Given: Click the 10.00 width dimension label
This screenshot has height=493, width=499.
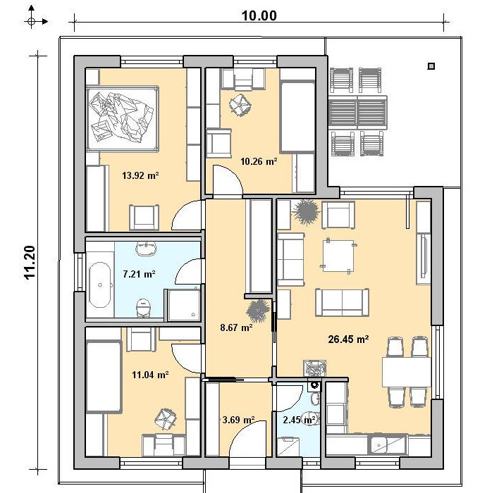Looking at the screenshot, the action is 259,15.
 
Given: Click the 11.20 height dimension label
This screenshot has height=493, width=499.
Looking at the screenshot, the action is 30,263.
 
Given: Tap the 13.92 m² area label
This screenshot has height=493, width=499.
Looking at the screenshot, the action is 140,175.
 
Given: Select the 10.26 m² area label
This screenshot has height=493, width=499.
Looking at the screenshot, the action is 259,161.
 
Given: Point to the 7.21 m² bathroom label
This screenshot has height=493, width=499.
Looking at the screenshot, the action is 139,274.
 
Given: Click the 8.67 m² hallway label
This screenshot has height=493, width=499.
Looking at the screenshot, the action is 236,327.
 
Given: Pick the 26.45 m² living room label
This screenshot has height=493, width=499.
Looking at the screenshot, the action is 348,339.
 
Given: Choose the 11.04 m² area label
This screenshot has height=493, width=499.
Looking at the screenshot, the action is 150,375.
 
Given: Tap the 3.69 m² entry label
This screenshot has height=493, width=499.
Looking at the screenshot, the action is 238,420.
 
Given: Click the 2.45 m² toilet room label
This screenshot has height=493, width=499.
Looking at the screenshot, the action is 299,420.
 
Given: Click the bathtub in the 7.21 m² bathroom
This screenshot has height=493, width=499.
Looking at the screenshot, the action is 100,285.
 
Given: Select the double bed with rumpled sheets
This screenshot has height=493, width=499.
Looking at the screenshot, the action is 122,118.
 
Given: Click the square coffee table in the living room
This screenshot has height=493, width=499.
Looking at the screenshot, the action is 338,256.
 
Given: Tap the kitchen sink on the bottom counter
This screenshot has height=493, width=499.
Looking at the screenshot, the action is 387,444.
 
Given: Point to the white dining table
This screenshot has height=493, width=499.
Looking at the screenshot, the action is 407,372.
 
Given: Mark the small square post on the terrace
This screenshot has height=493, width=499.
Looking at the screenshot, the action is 431,66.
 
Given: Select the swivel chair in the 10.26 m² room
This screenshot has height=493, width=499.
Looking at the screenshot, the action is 240,105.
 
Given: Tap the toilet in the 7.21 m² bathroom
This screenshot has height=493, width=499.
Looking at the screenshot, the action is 143,307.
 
